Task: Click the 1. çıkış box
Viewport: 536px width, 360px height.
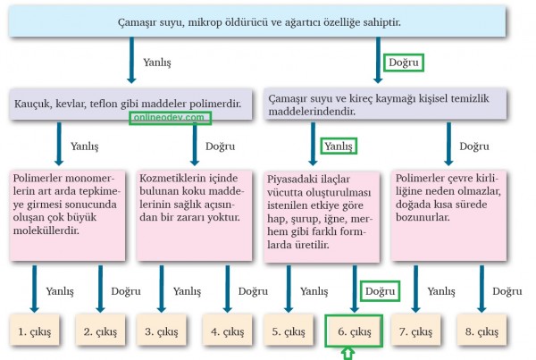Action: [x=34, y=330]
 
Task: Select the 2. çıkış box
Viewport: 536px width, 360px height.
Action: [x=100, y=330]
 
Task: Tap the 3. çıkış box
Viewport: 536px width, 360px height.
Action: [x=162, y=330]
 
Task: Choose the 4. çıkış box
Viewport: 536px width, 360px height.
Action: [x=227, y=330]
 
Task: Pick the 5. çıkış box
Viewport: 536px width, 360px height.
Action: [x=289, y=330]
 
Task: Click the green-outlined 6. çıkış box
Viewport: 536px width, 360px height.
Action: [x=354, y=331]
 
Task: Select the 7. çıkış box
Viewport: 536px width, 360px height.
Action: [x=415, y=330]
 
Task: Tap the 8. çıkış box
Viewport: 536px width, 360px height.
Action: [x=482, y=330]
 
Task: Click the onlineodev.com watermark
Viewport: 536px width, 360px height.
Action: [x=170, y=118]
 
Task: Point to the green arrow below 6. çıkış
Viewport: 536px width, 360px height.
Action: [x=348, y=354]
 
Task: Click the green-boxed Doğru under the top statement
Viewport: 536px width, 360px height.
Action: [x=404, y=63]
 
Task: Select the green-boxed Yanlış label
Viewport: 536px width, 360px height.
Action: [x=339, y=146]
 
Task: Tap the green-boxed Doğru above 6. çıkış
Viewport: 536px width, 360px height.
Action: [x=380, y=291]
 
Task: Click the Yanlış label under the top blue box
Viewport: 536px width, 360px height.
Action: [x=157, y=63]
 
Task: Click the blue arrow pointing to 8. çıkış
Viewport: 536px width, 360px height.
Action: [x=482, y=289]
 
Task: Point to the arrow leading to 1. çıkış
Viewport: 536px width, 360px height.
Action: [x=34, y=289]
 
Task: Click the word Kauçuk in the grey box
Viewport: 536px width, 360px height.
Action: [x=32, y=104]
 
